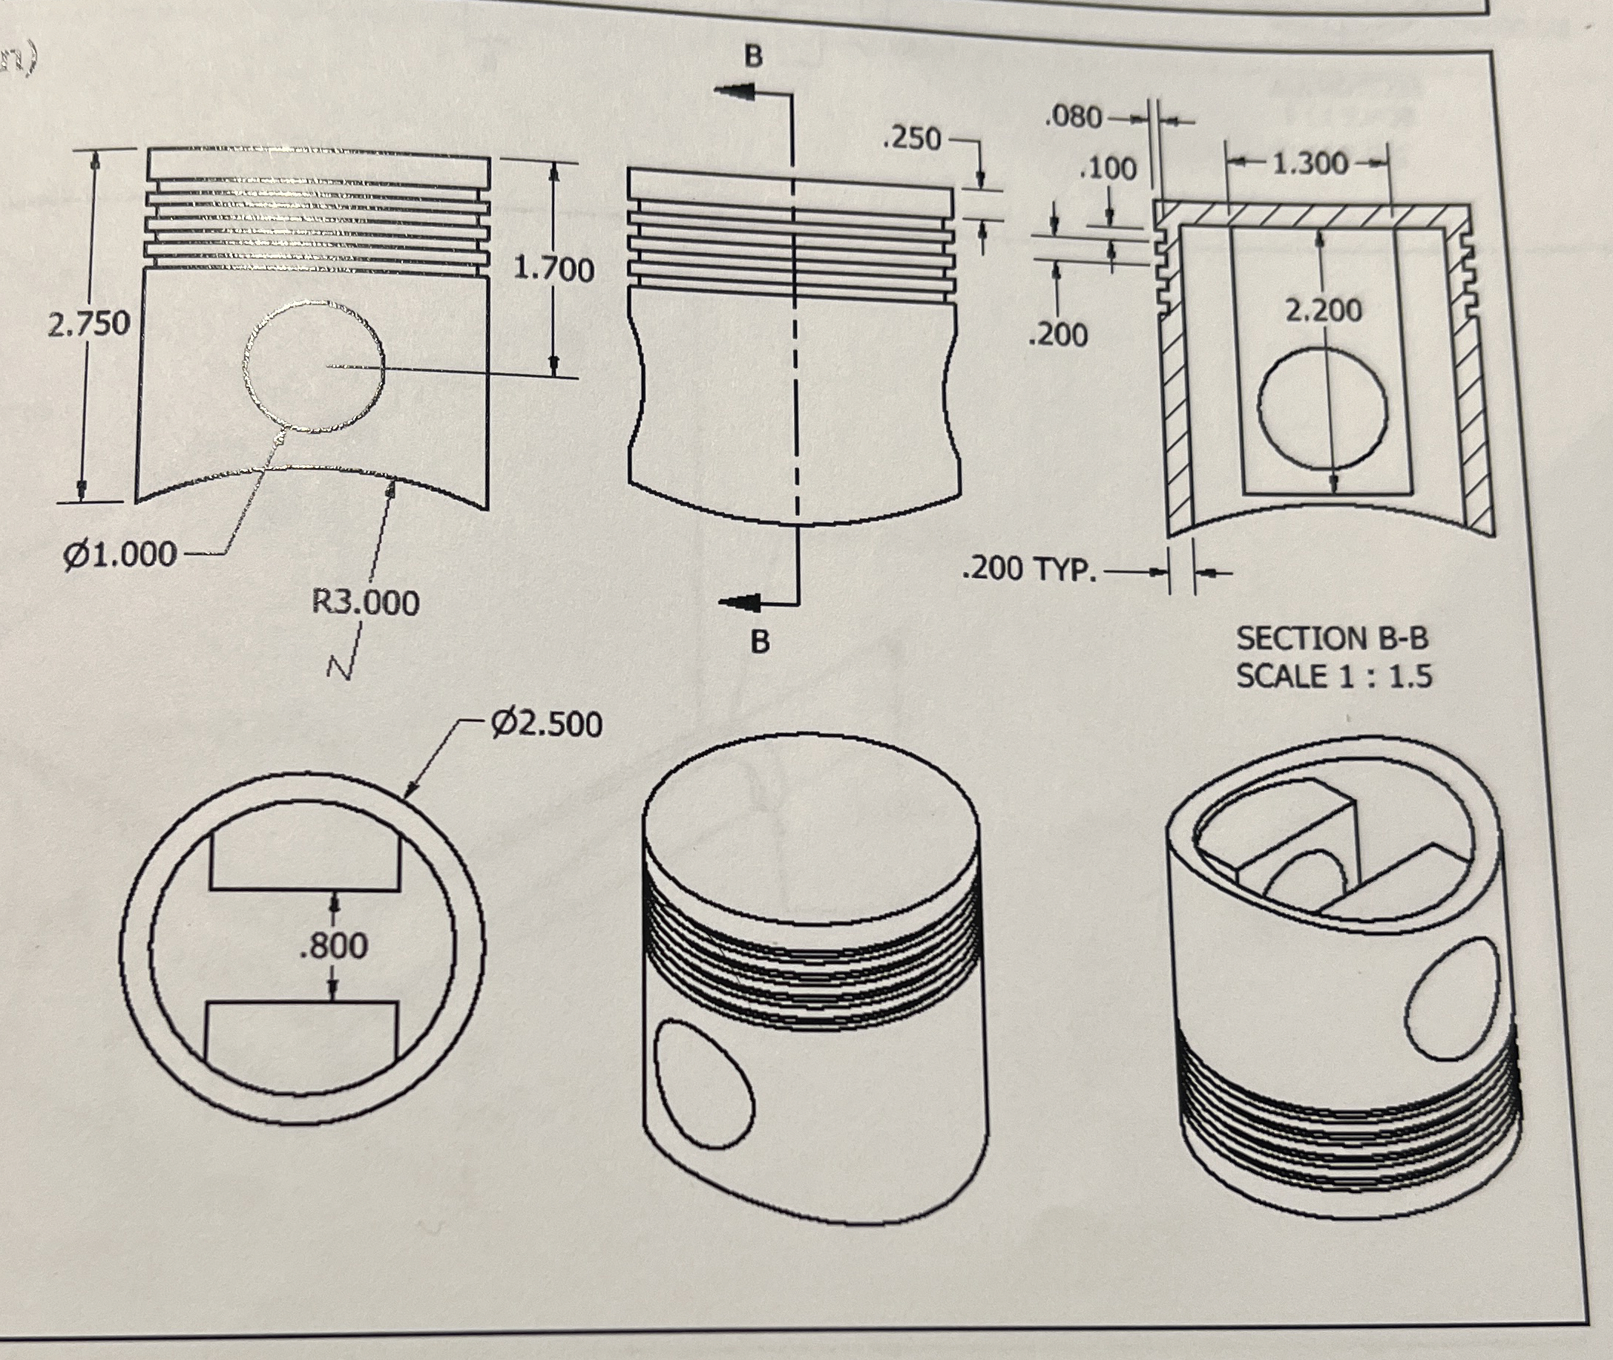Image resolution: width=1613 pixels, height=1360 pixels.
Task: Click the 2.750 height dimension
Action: click(89, 324)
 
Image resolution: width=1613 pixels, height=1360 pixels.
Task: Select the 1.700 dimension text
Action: click(553, 270)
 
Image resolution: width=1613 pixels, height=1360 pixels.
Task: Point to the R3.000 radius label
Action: click(366, 602)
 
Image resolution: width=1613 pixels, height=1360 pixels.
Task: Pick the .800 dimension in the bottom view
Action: click(333, 945)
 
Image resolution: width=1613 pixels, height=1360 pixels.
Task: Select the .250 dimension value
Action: click(913, 139)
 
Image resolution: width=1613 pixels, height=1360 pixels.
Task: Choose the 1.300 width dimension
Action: click(1310, 163)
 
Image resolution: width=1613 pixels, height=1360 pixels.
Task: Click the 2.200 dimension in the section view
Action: click(1324, 311)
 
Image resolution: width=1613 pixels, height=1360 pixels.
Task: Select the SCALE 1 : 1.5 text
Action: click(1334, 676)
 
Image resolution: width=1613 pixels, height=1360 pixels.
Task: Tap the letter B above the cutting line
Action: click(754, 56)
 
